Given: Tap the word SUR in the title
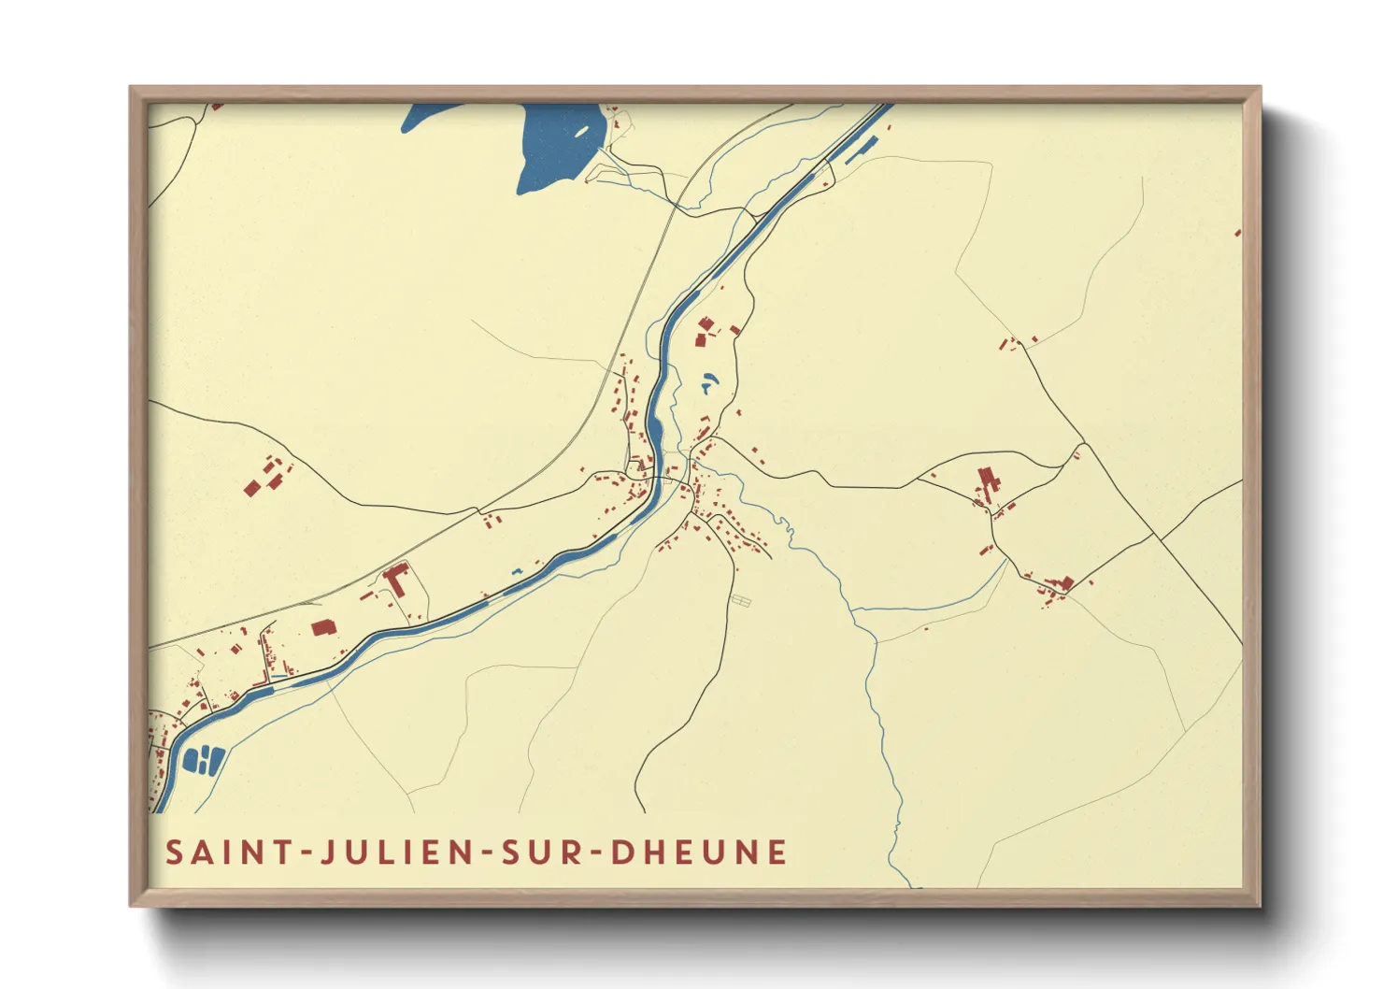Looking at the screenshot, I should [x=542, y=853].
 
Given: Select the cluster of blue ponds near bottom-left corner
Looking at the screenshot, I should [x=204, y=760].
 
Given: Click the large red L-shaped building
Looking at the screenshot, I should [x=397, y=578].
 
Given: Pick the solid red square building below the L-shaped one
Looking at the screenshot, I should [x=322, y=627].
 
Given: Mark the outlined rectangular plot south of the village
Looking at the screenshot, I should [x=741, y=601].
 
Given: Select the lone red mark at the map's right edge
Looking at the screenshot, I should [x=1238, y=232].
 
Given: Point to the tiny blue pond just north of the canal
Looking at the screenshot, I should [x=516, y=572].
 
